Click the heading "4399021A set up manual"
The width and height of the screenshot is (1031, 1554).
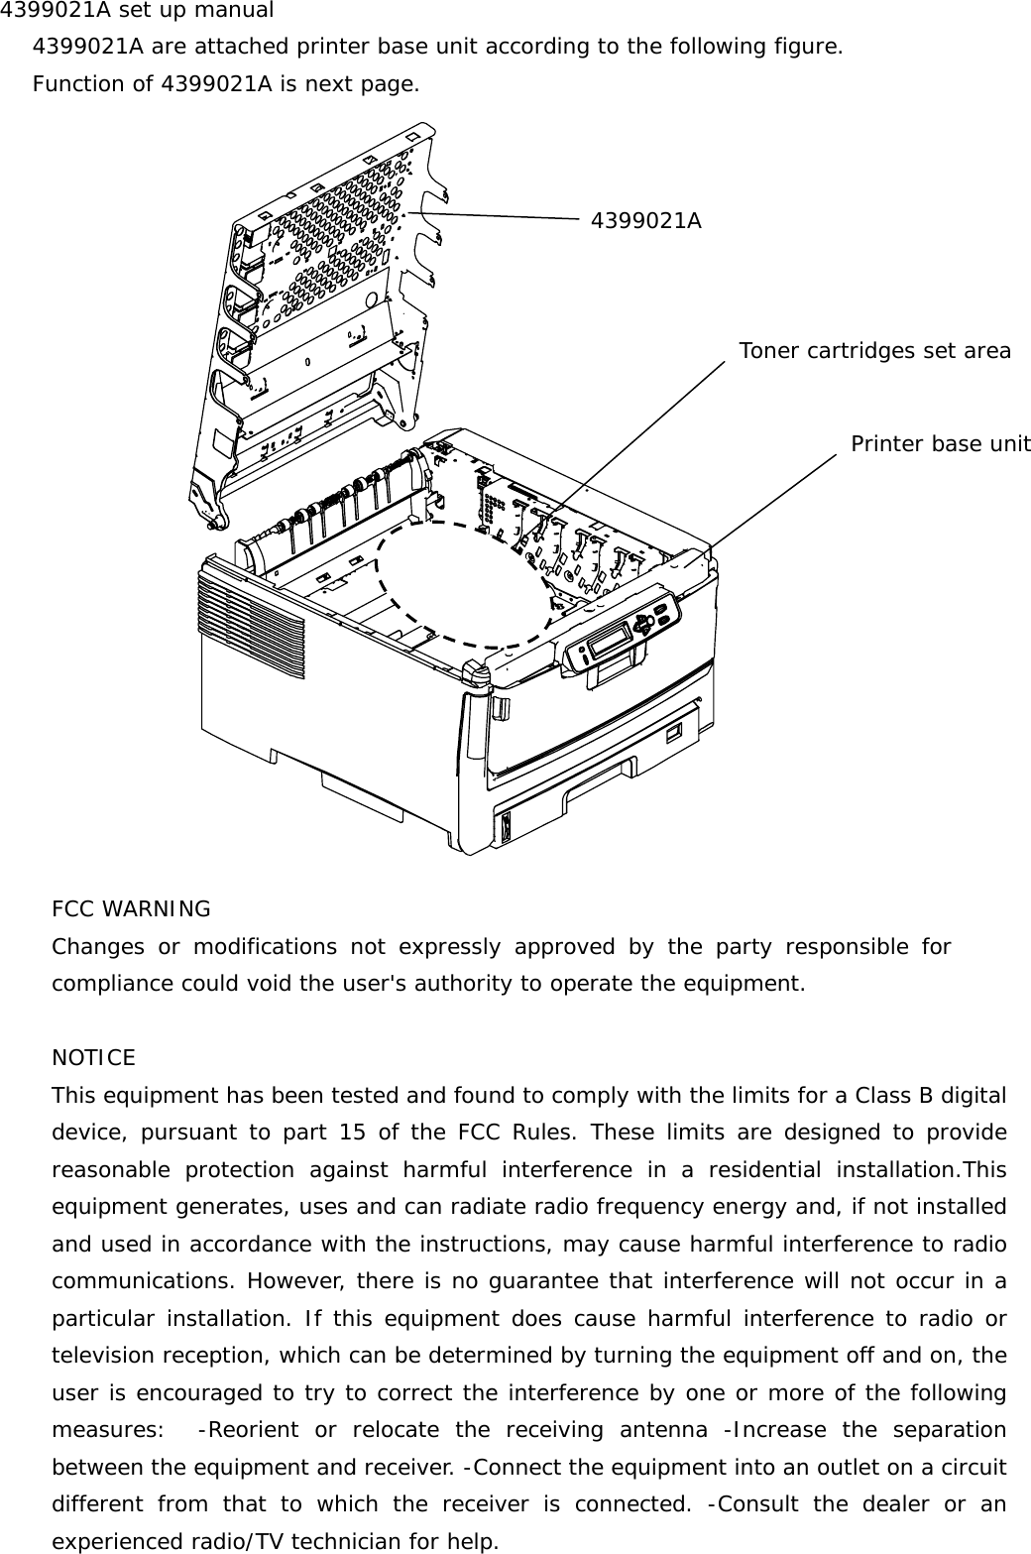pyautogui.click(x=137, y=11)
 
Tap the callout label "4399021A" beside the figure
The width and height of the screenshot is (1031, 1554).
pyautogui.click(x=645, y=221)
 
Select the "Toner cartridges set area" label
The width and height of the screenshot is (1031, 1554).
pyautogui.click(x=874, y=351)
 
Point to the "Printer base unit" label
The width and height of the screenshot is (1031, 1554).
pyautogui.click(x=940, y=444)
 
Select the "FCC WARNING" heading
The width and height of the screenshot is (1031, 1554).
pyautogui.click(x=131, y=909)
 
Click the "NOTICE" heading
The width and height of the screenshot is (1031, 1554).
pyautogui.click(x=93, y=1058)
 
